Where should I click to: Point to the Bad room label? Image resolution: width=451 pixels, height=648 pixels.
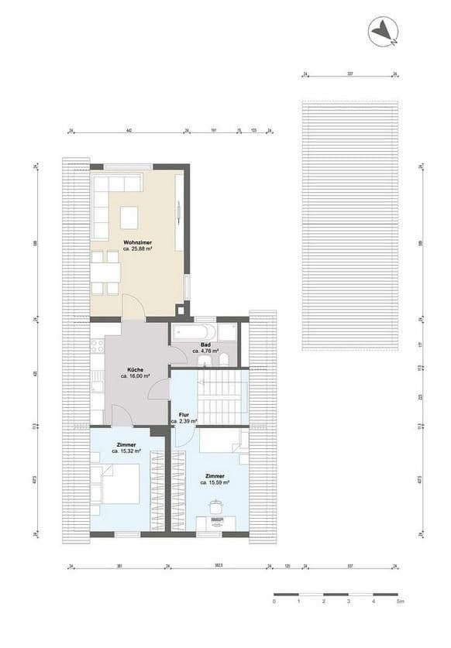(x=206, y=345)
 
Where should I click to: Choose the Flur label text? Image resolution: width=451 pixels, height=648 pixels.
(x=184, y=414)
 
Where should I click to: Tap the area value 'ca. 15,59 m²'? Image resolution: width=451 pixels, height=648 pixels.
(x=215, y=482)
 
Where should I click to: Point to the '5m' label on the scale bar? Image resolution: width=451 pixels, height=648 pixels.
(x=400, y=601)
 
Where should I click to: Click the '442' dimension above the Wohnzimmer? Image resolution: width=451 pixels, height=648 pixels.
(x=129, y=132)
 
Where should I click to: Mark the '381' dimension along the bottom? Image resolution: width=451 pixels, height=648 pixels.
(x=119, y=567)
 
